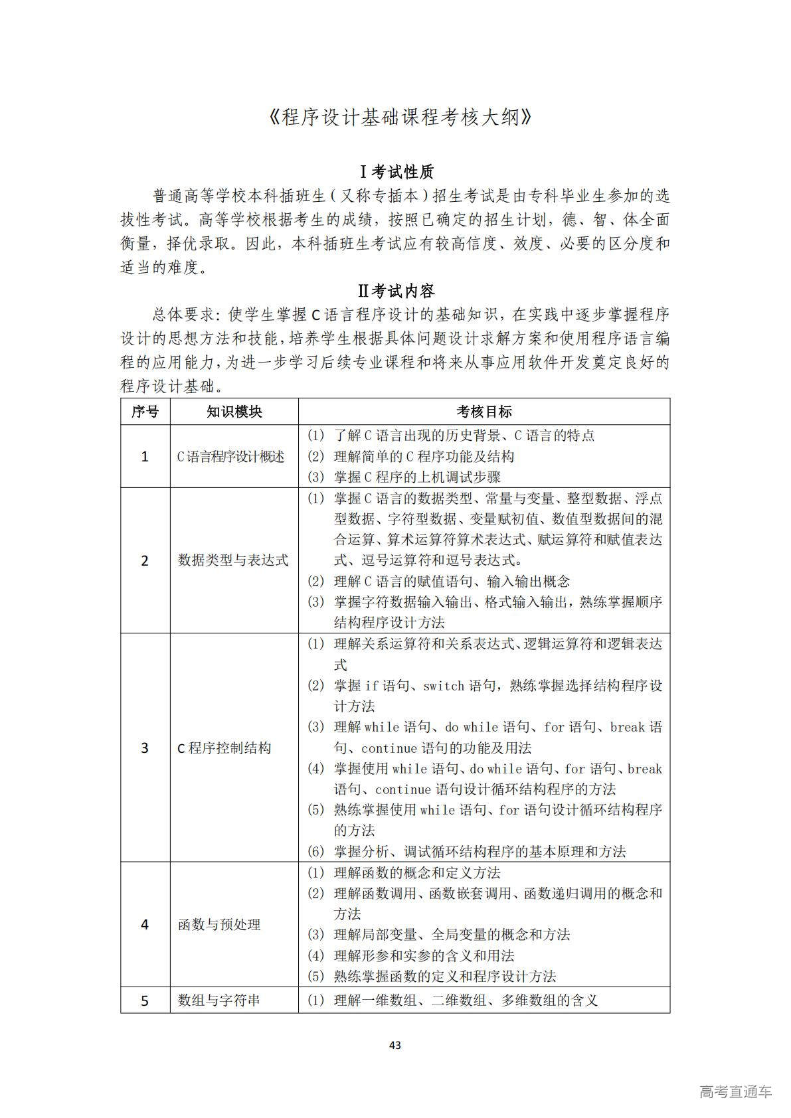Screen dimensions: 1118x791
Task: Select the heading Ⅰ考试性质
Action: [396, 172]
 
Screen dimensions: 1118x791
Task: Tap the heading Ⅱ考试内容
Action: [396, 291]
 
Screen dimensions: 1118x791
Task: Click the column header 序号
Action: [145, 412]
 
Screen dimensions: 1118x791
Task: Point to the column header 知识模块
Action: [234, 412]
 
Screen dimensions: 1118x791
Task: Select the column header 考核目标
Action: [483, 412]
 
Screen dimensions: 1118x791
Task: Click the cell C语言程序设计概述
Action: [230, 457]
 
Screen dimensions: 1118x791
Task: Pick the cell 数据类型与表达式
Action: [233, 560]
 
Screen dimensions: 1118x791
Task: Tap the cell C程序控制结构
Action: [224, 748]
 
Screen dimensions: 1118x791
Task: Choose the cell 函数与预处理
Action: [219, 925]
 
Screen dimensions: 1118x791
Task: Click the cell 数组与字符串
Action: [219, 1000]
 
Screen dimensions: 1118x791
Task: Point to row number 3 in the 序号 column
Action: [145, 748]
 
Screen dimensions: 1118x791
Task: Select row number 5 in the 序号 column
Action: [145, 1000]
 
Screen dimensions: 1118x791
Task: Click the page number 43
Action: [395, 1045]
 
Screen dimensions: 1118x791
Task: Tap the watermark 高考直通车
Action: [735, 1091]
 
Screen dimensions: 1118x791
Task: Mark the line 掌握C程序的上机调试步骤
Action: [417, 477]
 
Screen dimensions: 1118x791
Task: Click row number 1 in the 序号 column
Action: [145, 457]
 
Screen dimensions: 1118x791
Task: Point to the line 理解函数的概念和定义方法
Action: [417, 873]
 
